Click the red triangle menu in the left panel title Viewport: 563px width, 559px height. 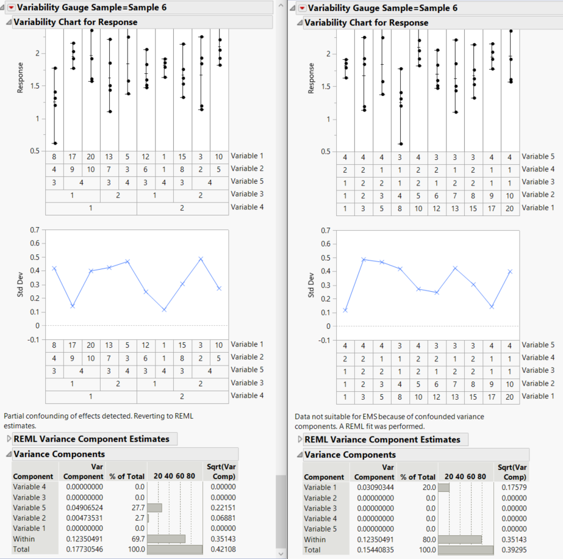tap(10, 8)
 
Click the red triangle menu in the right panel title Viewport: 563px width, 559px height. tap(301, 8)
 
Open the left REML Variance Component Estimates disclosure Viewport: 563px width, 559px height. tap(9, 439)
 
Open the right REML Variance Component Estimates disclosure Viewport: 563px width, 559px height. tap(299, 439)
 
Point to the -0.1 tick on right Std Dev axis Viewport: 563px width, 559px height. tap(323, 341)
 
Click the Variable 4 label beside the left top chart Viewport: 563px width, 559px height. tap(247, 207)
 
